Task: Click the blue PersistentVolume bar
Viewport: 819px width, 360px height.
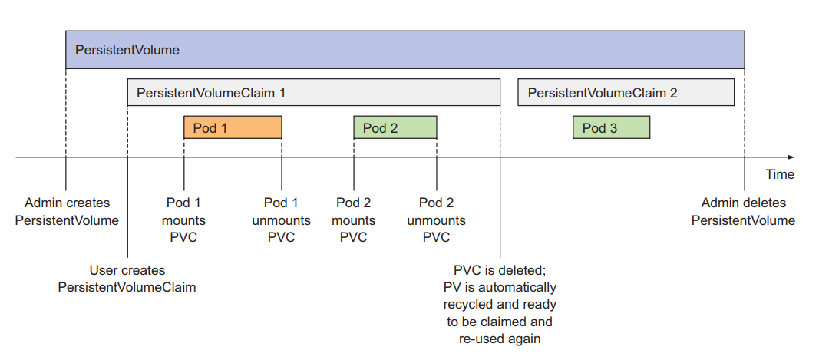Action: pyautogui.click(x=405, y=51)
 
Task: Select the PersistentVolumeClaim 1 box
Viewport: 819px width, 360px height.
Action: pyautogui.click(x=313, y=93)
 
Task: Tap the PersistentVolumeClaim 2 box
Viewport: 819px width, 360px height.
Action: pyautogui.click(x=626, y=93)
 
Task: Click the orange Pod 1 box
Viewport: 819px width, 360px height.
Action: pyautogui.click(x=233, y=127)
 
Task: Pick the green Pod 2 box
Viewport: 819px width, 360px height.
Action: pyautogui.click(x=395, y=127)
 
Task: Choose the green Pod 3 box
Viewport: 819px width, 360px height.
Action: pyautogui.click(x=611, y=127)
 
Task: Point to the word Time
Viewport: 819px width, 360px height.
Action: pyautogui.click(x=779, y=174)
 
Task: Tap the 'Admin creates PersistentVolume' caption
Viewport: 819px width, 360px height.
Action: pyautogui.click(x=67, y=212)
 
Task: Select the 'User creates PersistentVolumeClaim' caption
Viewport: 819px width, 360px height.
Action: pyautogui.click(x=127, y=279)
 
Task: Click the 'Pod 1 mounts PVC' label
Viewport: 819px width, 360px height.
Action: pyautogui.click(x=183, y=220)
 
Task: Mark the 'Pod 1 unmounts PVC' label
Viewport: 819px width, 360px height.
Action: pyautogui.click(x=281, y=220)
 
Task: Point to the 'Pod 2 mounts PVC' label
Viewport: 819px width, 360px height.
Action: pyautogui.click(x=353, y=220)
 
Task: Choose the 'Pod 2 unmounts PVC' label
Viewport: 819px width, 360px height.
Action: pyautogui.click(x=436, y=220)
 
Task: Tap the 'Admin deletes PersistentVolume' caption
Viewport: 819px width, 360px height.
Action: pyautogui.click(x=743, y=212)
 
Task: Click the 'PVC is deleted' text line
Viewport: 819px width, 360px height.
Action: pyautogui.click(x=500, y=270)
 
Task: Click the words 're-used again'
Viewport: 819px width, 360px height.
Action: pyautogui.click(x=500, y=339)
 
